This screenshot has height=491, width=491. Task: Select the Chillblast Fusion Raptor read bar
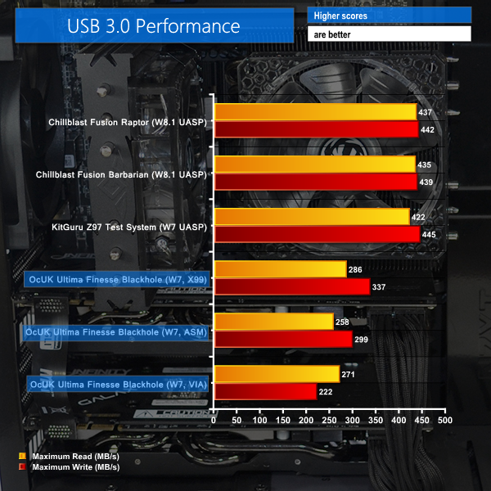(316, 112)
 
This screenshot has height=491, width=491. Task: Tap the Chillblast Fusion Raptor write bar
(317, 129)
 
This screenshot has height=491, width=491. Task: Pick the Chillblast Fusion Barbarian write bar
(316, 182)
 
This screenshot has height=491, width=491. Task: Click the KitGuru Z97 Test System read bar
(312, 217)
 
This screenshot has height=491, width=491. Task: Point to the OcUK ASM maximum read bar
(273, 322)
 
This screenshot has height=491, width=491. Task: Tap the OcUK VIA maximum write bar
(265, 391)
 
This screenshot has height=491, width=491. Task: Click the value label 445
(430, 235)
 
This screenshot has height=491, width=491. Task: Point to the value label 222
(327, 392)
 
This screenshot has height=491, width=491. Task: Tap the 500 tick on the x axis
(444, 420)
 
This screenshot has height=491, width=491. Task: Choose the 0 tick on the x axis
(214, 420)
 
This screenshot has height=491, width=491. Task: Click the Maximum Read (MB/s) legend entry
(69, 456)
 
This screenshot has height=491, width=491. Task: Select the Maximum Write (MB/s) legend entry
(70, 466)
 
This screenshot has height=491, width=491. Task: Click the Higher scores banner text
(337, 16)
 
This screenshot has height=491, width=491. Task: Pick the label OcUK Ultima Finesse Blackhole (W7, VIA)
(118, 383)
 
